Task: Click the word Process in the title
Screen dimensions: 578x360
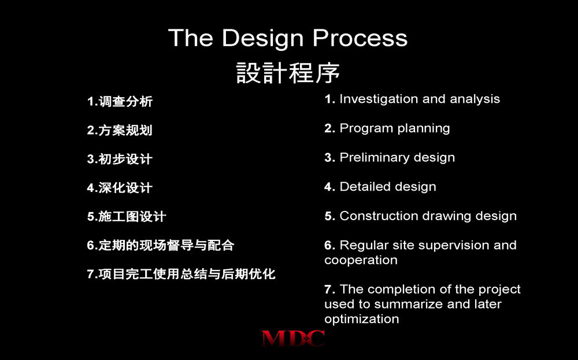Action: (x=360, y=38)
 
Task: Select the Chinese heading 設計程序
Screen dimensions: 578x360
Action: (x=288, y=73)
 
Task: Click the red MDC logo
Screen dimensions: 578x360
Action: (x=293, y=338)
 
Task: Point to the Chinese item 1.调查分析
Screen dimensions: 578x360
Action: (x=120, y=101)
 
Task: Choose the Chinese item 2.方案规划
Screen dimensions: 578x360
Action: (x=120, y=130)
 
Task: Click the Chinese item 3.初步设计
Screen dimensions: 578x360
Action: (x=120, y=159)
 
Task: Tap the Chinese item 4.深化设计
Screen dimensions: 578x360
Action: (x=120, y=188)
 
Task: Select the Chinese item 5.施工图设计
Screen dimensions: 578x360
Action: (x=127, y=216)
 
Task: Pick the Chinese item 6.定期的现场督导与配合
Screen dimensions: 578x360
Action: (x=161, y=245)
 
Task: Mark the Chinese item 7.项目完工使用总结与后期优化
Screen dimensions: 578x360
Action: (x=181, y=274)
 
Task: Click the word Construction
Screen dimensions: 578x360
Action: (x=379, y=216)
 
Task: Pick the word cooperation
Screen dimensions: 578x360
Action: (x=361, y=261)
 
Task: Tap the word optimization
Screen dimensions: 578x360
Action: (x=362, y=319)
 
